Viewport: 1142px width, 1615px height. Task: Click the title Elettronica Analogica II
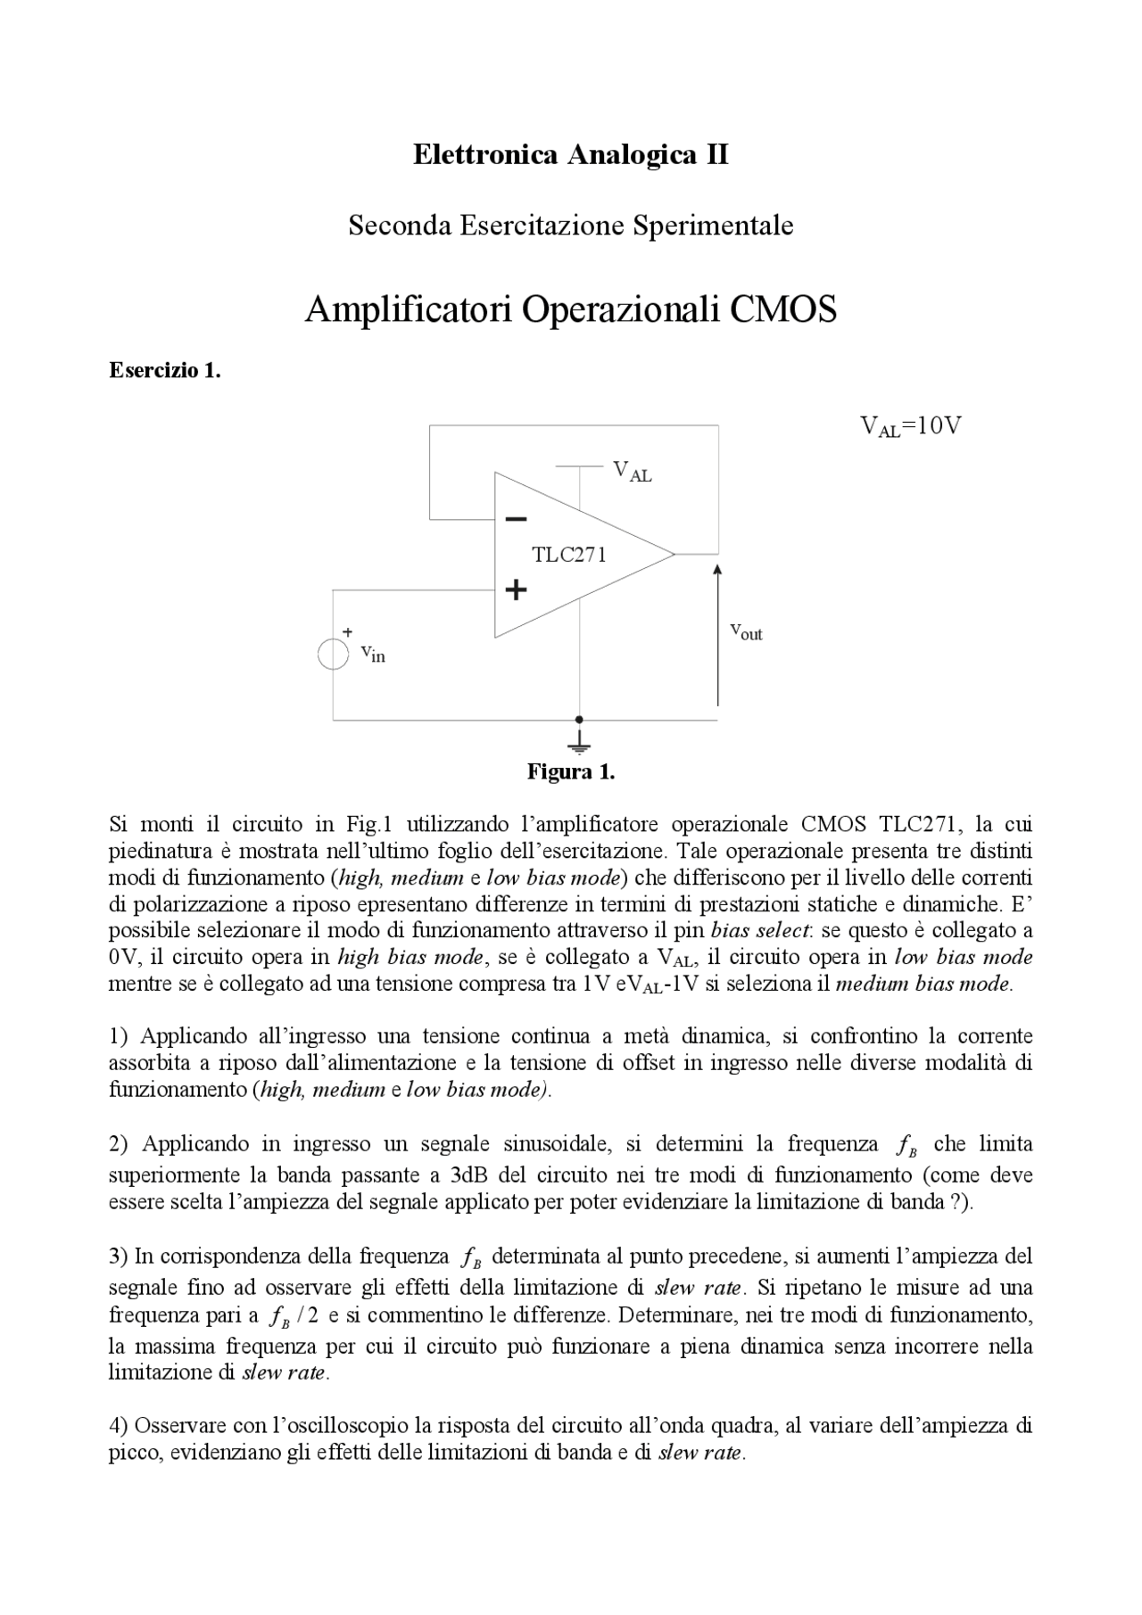570,155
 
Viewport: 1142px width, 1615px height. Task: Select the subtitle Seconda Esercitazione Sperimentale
570,226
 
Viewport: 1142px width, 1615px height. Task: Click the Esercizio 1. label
164,371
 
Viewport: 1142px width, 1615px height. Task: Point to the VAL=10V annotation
910,426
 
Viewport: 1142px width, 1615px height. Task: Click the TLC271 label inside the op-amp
569,555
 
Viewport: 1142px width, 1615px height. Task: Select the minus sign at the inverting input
516,518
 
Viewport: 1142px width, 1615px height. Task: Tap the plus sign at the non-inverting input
516,589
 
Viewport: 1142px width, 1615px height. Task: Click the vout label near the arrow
746,632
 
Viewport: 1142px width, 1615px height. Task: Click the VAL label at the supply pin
632,472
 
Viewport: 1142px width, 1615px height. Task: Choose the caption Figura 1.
570,772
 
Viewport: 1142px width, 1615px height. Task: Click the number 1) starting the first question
120,1036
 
